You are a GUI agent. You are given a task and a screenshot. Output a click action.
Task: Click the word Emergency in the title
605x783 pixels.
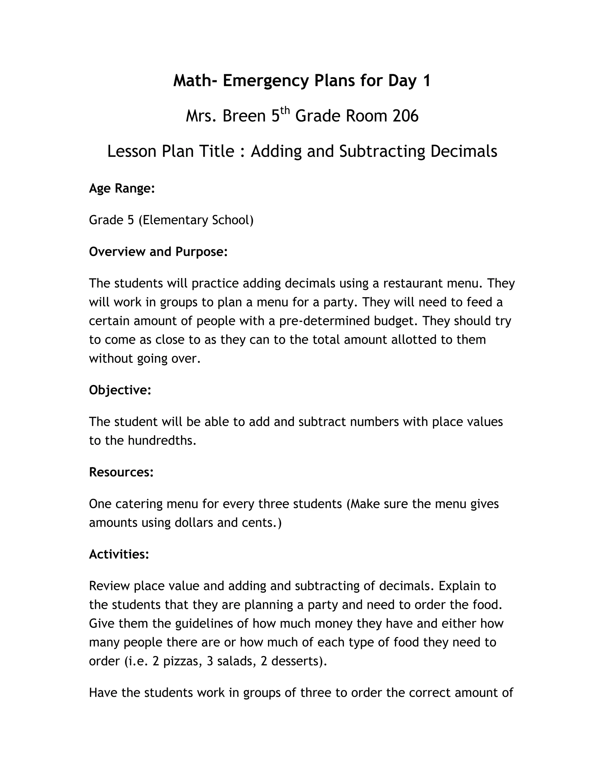pyautogui.click(x=266, y=81)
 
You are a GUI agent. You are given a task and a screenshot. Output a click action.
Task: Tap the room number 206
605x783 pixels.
pyautogui.click(x=405, y=116)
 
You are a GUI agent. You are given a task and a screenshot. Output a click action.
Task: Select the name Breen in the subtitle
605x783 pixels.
pyautogui.click(x=244, y=116)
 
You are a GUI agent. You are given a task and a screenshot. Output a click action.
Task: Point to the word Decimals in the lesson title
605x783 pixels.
pyautogui.click(x=463, y=151)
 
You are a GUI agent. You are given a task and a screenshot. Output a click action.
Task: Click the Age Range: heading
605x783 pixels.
pyautogui.click(x=122, y=188)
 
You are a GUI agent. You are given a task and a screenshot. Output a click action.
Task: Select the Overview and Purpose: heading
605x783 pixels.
pyautogui.click(x=158, y=252)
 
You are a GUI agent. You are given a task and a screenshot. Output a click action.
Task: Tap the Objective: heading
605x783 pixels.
pyautogui.click(x=120, y=390)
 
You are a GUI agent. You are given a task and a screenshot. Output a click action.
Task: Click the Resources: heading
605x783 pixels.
pyautogui.click(x=121, y=472)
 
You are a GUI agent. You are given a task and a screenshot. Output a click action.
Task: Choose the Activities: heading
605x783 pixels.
pyautogui.click(x=119, y=554)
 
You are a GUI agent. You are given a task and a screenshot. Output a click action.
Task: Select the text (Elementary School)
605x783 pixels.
pyautogui.click(x=196, y=220)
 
